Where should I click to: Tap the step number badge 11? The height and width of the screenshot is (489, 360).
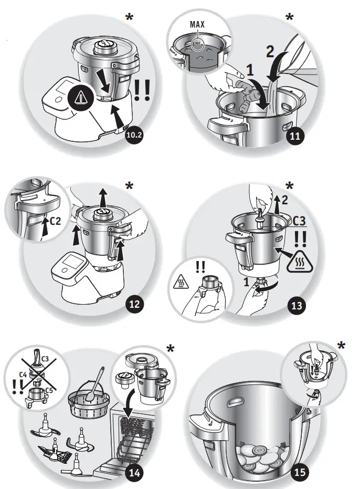coord(295,136)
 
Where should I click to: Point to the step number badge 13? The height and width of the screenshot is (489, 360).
coord(295,304)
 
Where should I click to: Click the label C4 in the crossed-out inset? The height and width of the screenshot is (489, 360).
coord(23,374)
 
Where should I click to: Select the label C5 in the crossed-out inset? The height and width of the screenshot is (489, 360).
coord(49,390)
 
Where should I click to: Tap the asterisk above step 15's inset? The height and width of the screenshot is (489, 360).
coord(342,346)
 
